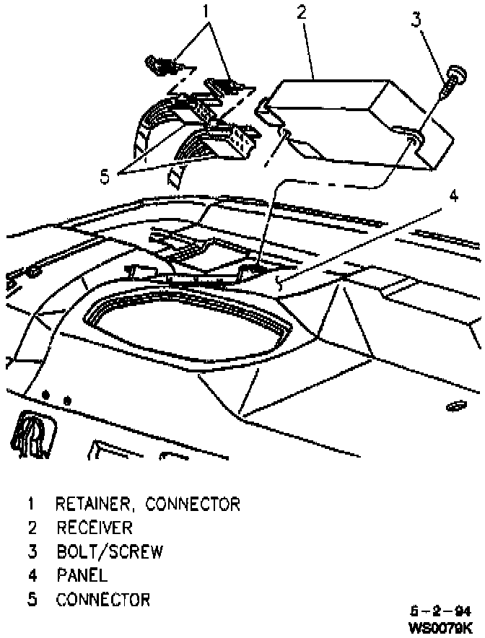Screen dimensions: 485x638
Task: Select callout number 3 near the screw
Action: (416, 19)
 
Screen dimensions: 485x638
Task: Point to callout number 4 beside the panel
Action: (453, 196)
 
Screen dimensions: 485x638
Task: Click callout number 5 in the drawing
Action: (105, 176)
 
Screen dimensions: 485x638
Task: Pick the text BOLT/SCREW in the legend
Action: (110, 552)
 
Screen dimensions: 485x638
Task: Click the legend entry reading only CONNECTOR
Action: (103, 600)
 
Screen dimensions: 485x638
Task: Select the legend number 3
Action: (32, 552)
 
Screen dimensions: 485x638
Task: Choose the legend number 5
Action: (32, 600)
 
